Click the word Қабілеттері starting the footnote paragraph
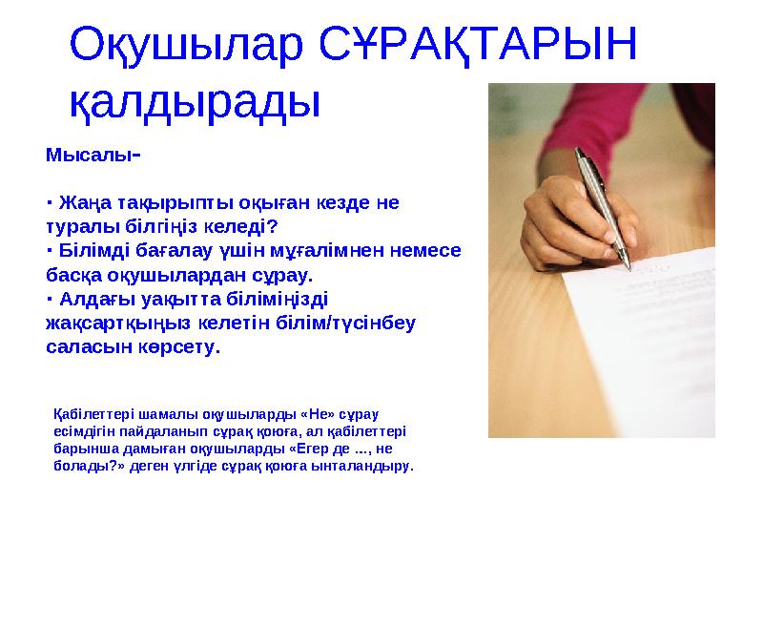coord(93,415)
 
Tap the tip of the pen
coord(629,267)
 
